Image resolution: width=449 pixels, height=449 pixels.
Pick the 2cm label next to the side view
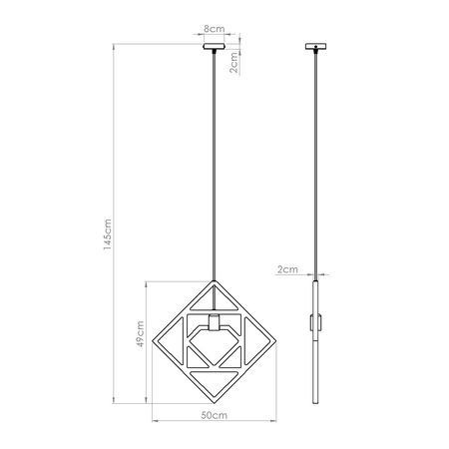pyautogui.click(x=286, y=268)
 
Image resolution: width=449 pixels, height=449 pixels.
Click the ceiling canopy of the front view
pyautogui.click(x=215, y=46)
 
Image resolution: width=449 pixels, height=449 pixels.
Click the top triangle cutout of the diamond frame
pyautogui.click(x=215, y=296)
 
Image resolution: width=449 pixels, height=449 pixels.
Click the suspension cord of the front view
pyautogui.click(x=215, y=160)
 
